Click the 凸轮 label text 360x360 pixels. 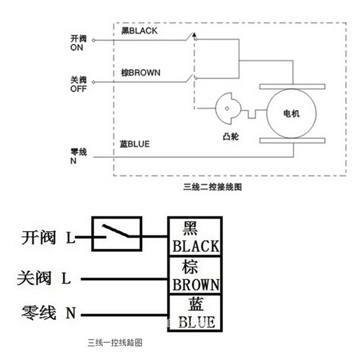coord(231,137)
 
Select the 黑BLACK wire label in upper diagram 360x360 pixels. coord(139,31)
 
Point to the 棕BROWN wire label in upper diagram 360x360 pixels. coord(141,73)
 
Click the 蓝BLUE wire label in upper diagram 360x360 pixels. coord(134,144)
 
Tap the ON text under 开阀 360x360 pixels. coord(77,48)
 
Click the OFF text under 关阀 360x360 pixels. coord(78,89)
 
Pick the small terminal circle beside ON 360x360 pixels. coord(94,40)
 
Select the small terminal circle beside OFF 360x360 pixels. coord(94,82)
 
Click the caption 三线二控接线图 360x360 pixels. coord(212,187)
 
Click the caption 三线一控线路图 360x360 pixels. coord(115,343)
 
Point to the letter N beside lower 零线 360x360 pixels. coord(71,312)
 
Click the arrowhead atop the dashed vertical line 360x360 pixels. coord(194,35)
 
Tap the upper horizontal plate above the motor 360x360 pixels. coord(292,86)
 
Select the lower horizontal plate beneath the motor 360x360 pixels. coord(292,141)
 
